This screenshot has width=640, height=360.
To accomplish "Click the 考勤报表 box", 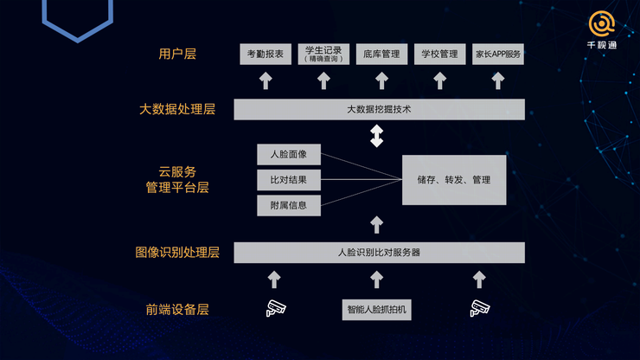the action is pyautogui.click(x=266, y=54).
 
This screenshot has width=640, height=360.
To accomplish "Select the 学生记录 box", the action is pyautogui.click(x=323, y=54).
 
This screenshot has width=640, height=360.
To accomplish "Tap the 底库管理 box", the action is pyautogui.click(x=381, y=54).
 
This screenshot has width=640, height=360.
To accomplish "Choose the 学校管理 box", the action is pyautogui.click(x=439, y=54).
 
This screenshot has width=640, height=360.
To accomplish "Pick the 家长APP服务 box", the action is pyautogui.click(x=498, y=54).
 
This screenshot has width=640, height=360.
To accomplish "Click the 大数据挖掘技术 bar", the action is pyautogui.click(x=379, y=110).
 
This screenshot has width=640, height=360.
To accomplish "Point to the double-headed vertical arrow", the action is pyautogui.click(x=377, y=136).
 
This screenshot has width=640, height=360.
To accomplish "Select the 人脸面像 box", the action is pyautogui.click(x=289, y=154).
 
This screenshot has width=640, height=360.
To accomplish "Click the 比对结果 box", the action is pyautogui.click(x=289, y=180).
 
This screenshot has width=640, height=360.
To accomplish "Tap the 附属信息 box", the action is pyautogui.click(x=289, y=206).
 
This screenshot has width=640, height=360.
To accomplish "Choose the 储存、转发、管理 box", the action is pyautogui.click(x=454, y=180).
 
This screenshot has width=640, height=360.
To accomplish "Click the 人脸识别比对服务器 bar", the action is pyautogui.click(x=379, y=253).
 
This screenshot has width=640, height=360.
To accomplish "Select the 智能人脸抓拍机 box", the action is pyautogui.click(x=377, y=310).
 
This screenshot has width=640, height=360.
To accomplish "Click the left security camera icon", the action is pyautogui.click(x=276, y=308).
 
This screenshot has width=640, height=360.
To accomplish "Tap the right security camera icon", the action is pyautogui.click(x=480, y=308).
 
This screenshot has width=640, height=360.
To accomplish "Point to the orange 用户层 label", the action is pyautogui.click(x=177, y=54).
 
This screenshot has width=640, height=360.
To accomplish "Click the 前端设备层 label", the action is pyautogui.click(x=177, y=309).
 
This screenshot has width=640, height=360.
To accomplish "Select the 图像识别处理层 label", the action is pyautogui.click(x=177, y=253).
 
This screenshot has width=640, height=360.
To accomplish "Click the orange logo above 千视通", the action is pyautogui.click(x=602, y=24).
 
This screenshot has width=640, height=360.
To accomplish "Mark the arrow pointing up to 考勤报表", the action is pyautogui.click(x=266, y=80).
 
